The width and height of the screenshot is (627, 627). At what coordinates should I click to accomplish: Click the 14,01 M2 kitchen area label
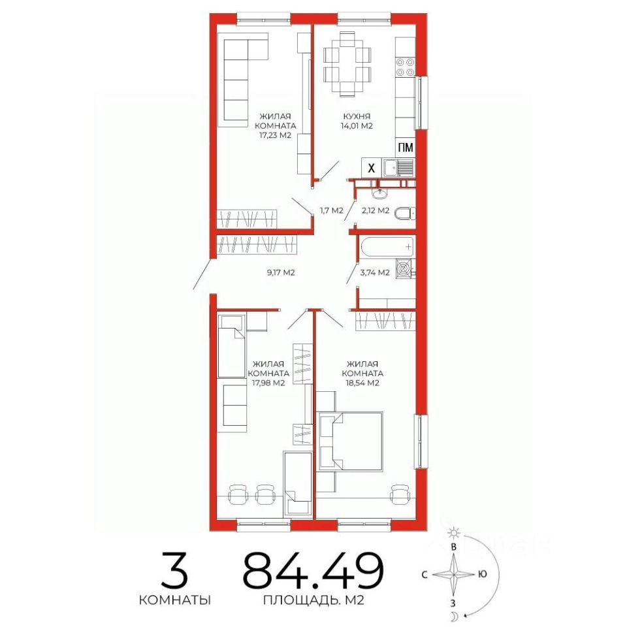click(357, 126)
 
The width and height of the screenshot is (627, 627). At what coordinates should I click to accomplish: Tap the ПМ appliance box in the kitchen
click(405, 148)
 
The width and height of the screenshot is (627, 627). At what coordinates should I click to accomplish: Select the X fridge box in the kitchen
click(371, 168)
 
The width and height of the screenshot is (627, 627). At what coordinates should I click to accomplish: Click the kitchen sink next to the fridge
click(398, 168)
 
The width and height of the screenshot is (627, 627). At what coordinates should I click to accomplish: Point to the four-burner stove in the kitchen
click(405, 67)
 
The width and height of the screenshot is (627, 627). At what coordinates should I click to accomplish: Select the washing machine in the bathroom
click(405, 268)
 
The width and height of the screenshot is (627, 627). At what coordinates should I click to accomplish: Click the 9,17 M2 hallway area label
click(281, 273)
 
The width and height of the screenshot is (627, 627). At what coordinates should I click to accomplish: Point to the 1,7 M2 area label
click(332, 210)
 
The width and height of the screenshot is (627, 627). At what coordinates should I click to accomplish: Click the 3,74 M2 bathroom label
click(375, 273)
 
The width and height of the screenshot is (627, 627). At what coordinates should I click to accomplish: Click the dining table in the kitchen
click(347, 64)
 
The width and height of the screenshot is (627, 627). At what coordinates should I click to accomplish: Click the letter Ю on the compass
click(482, 574)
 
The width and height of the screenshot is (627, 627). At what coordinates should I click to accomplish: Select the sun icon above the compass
click(454, 533)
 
